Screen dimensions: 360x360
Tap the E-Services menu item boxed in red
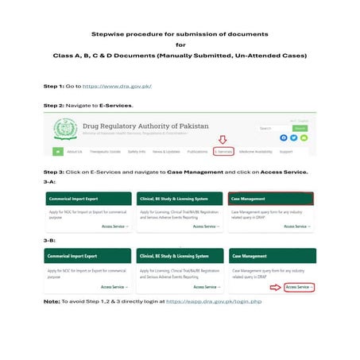point(223,151)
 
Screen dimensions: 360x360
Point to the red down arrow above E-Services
point(223,140)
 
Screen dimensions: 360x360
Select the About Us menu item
point(75,151)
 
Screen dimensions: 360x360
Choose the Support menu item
point(285,151)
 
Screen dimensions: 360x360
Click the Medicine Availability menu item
point(255,151)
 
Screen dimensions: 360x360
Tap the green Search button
point(300,128)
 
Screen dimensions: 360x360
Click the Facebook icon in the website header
point(283,137)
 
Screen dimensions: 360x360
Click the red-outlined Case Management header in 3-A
point(271,198)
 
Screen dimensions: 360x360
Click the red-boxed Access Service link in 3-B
point(300,287)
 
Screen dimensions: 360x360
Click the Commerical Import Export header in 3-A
point(87,198)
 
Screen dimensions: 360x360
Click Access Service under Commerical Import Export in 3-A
point(115,226)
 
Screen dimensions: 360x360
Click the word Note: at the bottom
point(52,302)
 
